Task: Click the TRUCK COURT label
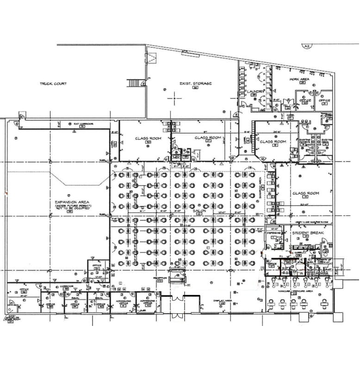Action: (x=53, y=84)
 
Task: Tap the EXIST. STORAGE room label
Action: (x=195, y=83)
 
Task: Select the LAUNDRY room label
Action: (x=257, y=92)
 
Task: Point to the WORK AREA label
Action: (x=299, y=79)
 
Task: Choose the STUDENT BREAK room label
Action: (x=305, y=232)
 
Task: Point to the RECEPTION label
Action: (x=160, y=278)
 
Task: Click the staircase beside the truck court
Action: (x=135, y=83)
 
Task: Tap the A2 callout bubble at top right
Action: (x=306, y=46)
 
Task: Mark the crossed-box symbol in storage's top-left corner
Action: (x=151, y=58)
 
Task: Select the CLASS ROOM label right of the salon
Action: (x=306, y=193)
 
